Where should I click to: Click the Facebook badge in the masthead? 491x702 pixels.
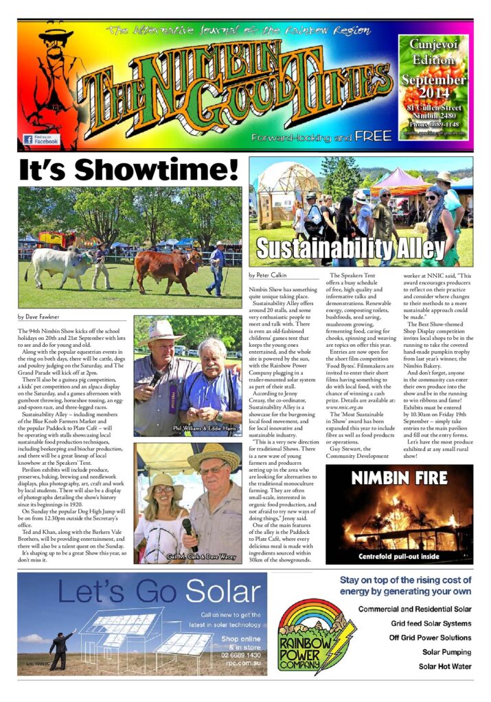click(x=42, y=138)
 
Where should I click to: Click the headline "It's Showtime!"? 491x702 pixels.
click(x=129, y=169)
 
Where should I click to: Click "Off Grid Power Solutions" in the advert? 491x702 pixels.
click(x=430, y=638)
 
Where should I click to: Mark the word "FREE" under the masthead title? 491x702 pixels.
click(x=373, y=136)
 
